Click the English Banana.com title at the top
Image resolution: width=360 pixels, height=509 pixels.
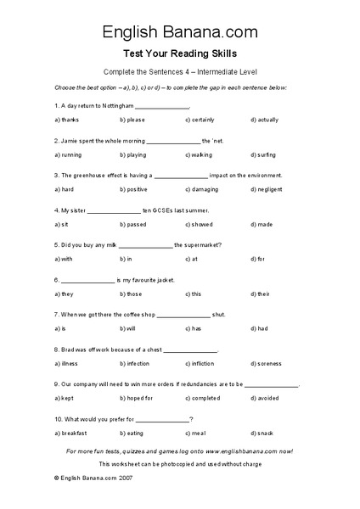180,32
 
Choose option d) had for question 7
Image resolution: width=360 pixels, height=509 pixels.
260,327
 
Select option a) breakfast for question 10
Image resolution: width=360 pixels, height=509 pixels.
70,433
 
